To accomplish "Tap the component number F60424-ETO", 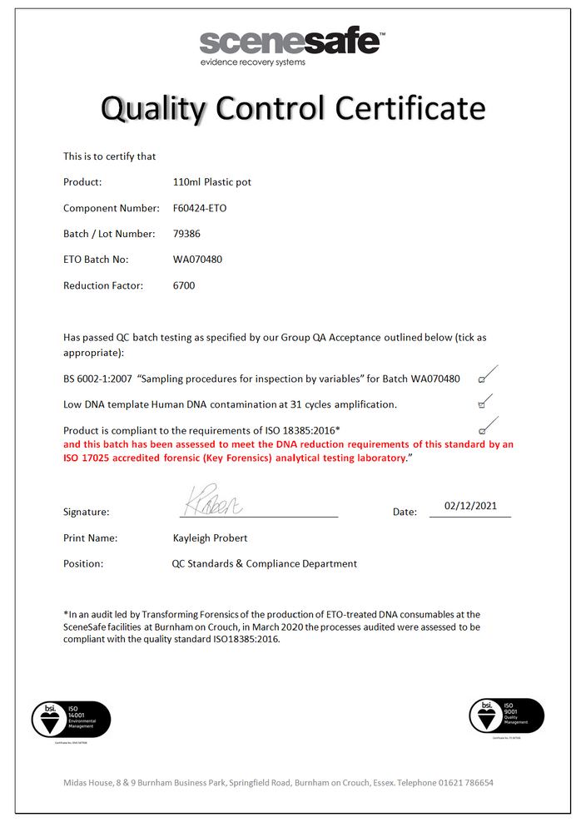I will click(x=199, y=208).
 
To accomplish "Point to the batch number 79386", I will click(x=186, y=234).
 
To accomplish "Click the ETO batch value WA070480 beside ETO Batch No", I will click(x=197, y=260).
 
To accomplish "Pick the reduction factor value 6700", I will click(x=184, y=285).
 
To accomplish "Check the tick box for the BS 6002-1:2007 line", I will click(x=482, y=379).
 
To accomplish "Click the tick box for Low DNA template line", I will click(x=482, y=405).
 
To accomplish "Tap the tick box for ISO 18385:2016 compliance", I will click(x=482, y=430).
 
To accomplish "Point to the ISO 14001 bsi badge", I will click(x=71, y=718).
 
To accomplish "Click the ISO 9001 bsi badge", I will click(x=507, y=716).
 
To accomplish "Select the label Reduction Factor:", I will click(x=103, y=285).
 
